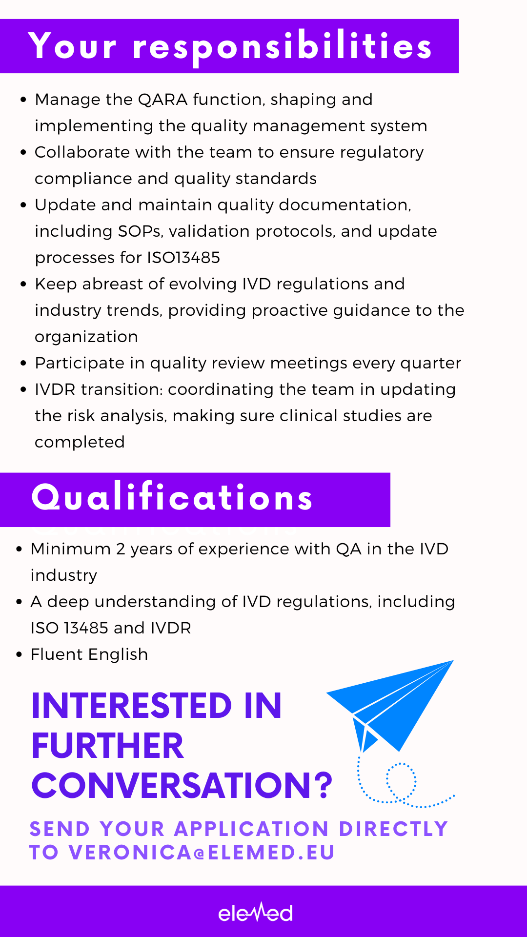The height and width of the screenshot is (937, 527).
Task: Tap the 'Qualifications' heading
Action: click(172, 497)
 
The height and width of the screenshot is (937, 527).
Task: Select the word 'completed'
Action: click(80, 443)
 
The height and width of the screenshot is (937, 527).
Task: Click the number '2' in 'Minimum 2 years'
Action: click(121, 549)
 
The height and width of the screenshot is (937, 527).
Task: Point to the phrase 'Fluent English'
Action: click(89, 654)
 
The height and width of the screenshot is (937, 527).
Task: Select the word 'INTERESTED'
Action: click(132, 706)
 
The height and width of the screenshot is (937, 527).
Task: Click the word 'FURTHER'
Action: click(108, 746)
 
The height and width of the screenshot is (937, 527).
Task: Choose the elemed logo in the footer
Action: click(255, 912)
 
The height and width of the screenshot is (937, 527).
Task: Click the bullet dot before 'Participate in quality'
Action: click(23, 364)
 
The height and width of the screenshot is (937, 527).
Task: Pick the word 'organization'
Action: click(86, 337)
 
